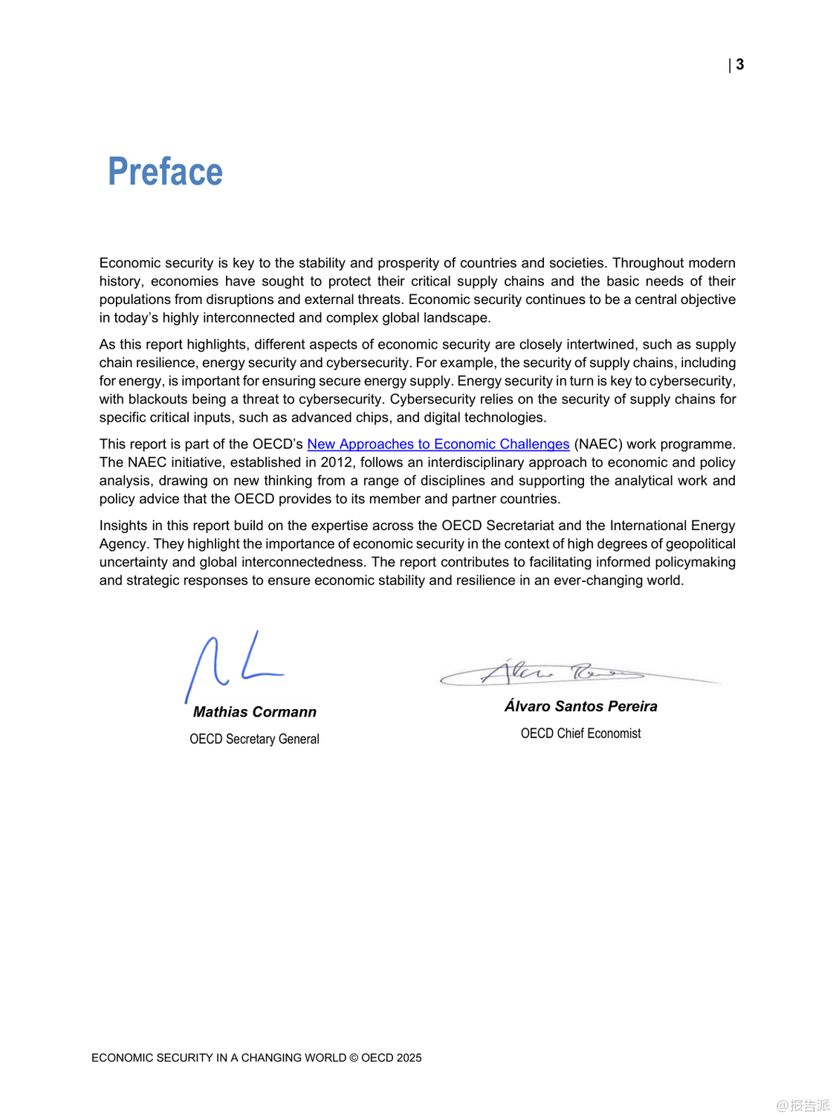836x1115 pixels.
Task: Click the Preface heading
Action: coord(165,172)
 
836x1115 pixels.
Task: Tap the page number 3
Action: coord(740,65)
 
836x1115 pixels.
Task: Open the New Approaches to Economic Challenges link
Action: coord(438,444)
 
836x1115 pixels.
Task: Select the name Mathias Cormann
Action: coord(254,712)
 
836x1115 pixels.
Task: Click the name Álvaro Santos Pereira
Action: coord(580,706)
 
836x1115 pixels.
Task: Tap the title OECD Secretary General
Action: coord(254,739)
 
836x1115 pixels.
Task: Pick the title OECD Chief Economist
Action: coord(580,734)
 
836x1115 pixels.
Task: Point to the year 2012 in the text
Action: coord(337,462)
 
